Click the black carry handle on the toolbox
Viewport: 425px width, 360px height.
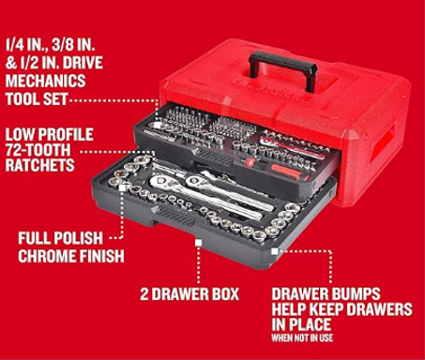click(283, 64)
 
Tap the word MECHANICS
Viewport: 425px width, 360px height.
click(45, 81)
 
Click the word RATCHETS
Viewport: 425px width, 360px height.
click(39, 165)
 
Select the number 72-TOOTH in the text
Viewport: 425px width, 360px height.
click(38, 150)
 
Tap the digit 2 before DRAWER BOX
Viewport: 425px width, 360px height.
click(144, 294)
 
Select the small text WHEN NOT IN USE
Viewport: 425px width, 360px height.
click(302, 337)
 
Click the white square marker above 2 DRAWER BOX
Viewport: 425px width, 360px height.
click(198, 243)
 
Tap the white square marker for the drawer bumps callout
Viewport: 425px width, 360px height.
click(275, 251)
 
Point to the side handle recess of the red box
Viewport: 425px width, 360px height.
click(382, 143)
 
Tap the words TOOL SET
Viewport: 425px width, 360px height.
click(37, 99)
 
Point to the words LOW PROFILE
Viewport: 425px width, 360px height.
click(50, 135)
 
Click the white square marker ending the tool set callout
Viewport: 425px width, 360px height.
click(157, 125)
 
